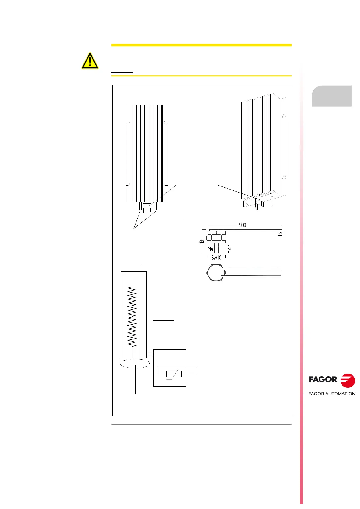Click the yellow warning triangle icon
tap(90, 61)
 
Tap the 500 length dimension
tap(242, 225)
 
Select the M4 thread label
tap(211, 249)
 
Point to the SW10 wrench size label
tap(216, 258)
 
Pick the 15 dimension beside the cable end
tap(280, 234)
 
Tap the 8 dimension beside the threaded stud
tap(229, 248)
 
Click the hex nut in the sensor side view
tap(216, 238)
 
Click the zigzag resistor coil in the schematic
tap(132, 316)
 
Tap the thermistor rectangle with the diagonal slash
tap(174, 374)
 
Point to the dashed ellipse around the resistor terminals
tap(135, 363)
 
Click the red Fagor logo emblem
tap(347, 380)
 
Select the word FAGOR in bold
tap(322, 380)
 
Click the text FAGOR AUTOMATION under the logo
tap(332, 394)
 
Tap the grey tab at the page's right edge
tap(332, 96)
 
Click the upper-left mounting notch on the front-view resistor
tap(128, 122)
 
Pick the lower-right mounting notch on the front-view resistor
tap(166, 184)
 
